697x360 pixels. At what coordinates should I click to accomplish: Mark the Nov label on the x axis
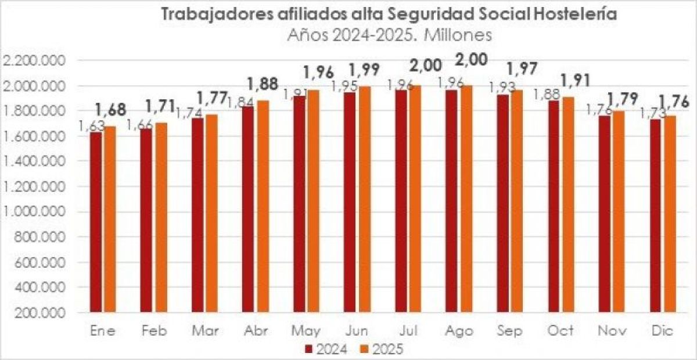612,331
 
